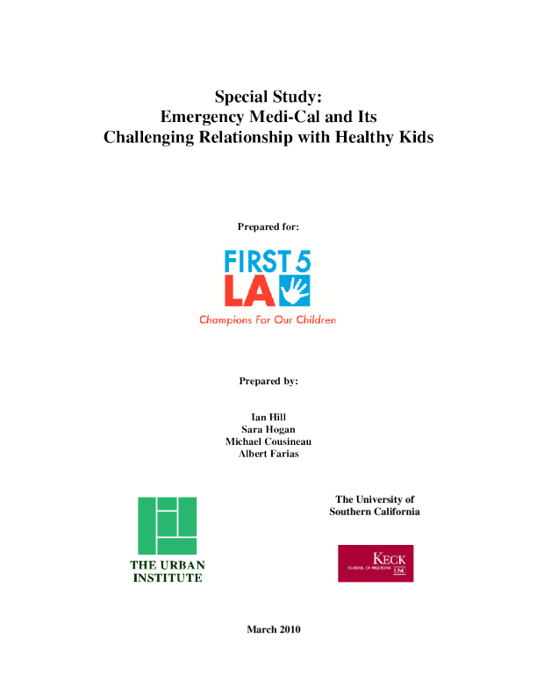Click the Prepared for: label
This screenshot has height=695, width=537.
tap(268, 226)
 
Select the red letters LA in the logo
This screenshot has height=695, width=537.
tap(249, 291)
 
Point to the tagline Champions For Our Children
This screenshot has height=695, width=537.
tap(268, 320)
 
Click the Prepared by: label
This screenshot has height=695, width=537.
tap(268, 382)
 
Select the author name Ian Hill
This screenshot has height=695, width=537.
tap(268, 416)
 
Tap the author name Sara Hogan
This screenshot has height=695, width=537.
tap(268, 429)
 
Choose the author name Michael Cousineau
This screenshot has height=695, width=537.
tap(268, 441)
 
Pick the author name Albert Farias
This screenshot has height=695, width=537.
tap(268, 454)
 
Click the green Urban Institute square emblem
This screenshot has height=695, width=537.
tap(167, 526)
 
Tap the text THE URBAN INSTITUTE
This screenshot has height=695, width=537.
tap(167, 571)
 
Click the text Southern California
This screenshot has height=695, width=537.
tap(375, 512)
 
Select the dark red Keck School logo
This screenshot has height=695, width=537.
tap(376, 563)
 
